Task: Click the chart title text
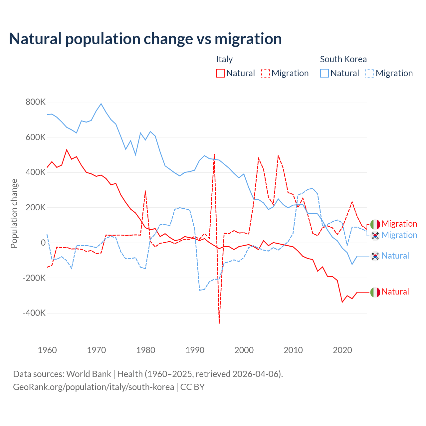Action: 145,39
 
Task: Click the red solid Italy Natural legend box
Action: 220,73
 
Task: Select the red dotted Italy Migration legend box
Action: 266,73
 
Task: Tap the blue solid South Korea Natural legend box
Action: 324,73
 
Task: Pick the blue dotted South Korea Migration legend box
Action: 370,73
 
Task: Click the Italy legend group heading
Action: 224,59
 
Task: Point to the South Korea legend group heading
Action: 343,59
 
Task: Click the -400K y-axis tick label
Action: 34,313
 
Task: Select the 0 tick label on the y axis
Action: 43,243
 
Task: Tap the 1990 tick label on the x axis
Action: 195,350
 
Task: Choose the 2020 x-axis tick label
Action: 342,350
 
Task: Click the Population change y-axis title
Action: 14,213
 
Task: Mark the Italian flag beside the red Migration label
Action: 375,224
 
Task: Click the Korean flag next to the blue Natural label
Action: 375,256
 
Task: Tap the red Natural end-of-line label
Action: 395,292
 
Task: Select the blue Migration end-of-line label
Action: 399,235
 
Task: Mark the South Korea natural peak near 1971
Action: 101,104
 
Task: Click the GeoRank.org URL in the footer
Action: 94,387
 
